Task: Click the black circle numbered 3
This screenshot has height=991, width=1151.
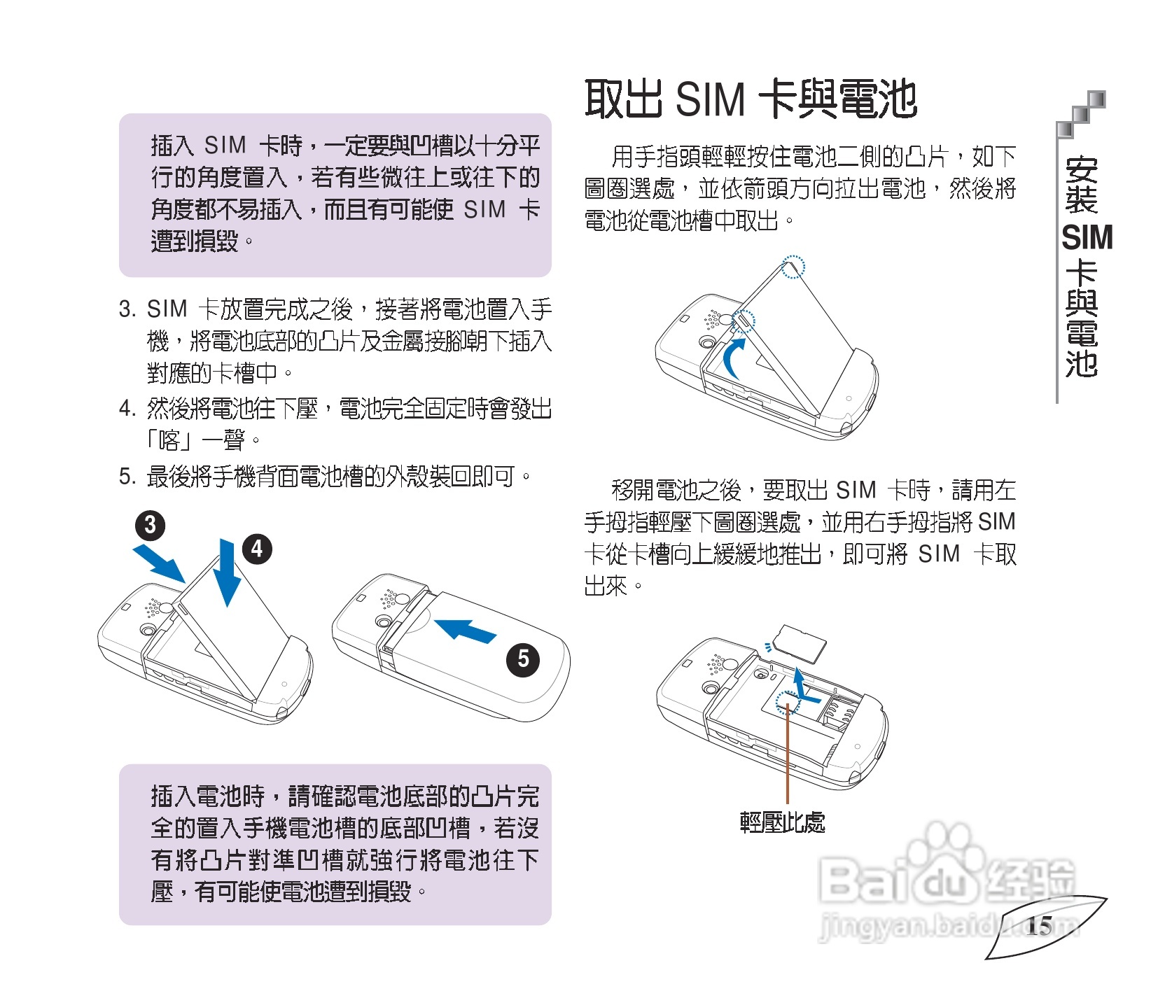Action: coord(150,526)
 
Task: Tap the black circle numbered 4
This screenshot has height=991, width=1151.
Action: coord(257,549)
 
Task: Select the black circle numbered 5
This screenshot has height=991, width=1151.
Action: coord(523,659)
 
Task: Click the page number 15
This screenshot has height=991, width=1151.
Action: coord(1039,926)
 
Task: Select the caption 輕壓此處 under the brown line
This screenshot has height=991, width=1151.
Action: coord(782,822)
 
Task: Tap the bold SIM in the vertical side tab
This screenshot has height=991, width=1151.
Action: coord(1087,238)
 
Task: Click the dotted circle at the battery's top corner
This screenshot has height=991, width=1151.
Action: coord(793,267)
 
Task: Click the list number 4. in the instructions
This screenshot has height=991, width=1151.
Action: coord(127,408)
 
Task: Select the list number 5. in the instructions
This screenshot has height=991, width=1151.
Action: coord(127,477)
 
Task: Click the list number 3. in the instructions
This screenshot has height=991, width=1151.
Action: coord(127,309)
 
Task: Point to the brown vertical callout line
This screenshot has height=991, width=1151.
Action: coord(788,756)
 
